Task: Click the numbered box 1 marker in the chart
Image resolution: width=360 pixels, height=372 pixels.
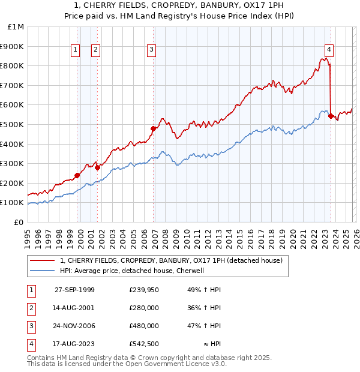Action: pos(76,50)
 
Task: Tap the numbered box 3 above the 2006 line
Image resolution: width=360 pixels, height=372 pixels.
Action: pos(152,50)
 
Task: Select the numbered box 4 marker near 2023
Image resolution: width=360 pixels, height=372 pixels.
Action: pos(329,50)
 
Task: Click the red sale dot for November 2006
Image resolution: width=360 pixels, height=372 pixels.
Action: pos(154,128)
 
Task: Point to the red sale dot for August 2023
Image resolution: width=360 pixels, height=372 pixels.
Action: pos(331,116)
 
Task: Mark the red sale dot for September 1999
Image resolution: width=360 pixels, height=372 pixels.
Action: pos(77,175)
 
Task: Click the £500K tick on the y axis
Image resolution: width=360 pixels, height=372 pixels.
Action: pos(13,124)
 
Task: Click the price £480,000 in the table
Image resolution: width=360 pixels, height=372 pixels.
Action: pos(143,326)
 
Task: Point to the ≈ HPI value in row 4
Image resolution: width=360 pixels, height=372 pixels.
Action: pos(212,344)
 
